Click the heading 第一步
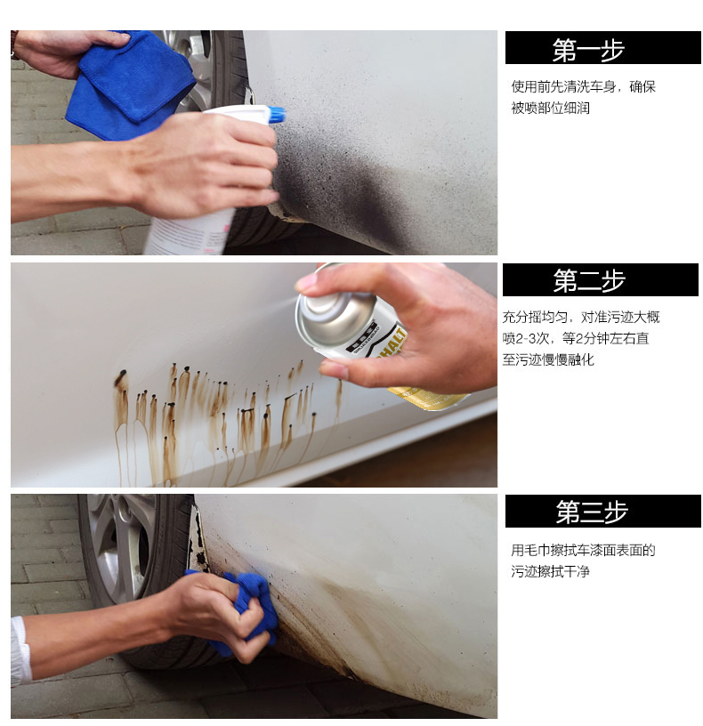pyautogui.click(x=588, y=50)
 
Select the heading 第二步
pyautogui.click(x=589, y=280)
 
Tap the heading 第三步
pyautogui.click(x=592, y=512)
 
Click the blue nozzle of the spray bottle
pyautogui.click(x=277, y=115)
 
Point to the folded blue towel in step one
pyautogui.click(x=130, y=84)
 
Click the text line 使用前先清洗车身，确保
pyautogui.click(x=583, y=86)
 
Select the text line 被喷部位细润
pyautogui.click(x=550, y=108)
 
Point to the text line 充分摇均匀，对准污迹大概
pyautogui.click(x=581, y=317)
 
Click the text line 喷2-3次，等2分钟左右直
pyautogui.click(x=576, y=338)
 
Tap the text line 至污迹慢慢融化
pyautogui.click(x=548, y=359)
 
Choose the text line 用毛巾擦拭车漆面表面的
pyautogui.click(x=583, y=550)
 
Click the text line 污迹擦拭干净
pyautogui.click(x=550, y=571)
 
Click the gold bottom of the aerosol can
pyautogui.click(x=428, y=399)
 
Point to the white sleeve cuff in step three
pyautogui.click(x=20, y=650)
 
